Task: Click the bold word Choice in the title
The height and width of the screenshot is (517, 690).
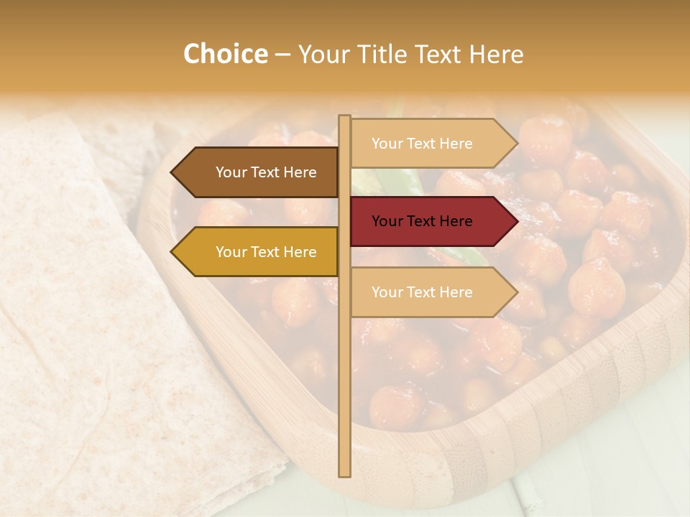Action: click(225, 55)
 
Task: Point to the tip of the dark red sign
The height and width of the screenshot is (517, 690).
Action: click(516, 221)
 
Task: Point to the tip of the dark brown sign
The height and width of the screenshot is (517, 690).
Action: click(172, 172)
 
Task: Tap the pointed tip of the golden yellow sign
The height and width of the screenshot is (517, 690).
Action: click(172, 252)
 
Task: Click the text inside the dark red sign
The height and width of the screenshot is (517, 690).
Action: click(422, 221)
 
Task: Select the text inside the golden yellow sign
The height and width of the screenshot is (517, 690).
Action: click(266, 252)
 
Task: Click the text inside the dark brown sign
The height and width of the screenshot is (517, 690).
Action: click(266, 172)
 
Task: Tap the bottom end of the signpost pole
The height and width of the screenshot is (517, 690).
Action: click(345, 474)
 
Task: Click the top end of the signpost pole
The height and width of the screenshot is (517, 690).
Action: click(345, 117)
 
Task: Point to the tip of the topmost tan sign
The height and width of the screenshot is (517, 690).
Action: click(516, 144)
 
